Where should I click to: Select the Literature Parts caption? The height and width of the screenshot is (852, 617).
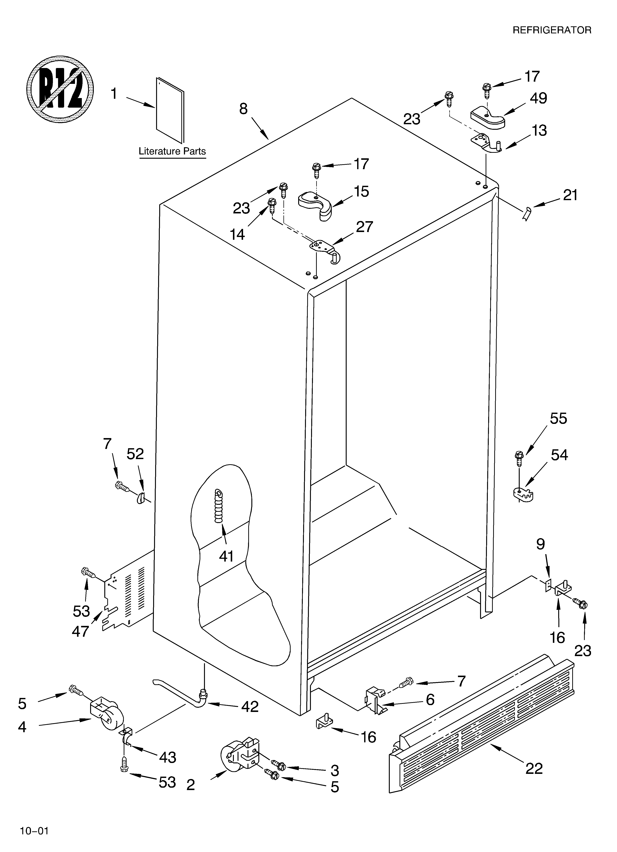[172, 151]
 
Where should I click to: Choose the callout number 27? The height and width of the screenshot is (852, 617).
[364, 227]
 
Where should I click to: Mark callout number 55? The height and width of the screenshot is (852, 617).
[558, 419]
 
